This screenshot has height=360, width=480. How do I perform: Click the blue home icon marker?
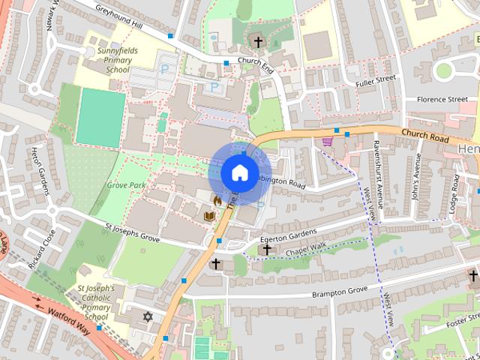(x=238, y=172)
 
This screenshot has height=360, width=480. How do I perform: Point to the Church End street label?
(x=255, y=64)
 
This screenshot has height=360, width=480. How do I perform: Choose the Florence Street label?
(x=442, y=99)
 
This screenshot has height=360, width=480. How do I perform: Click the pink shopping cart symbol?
(x=327, y=140)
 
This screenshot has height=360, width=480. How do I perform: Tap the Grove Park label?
(x=126, y=184)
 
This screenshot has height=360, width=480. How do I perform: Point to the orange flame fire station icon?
(x=217, y=200)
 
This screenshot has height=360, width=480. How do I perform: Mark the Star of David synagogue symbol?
(x=148, y=317)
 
